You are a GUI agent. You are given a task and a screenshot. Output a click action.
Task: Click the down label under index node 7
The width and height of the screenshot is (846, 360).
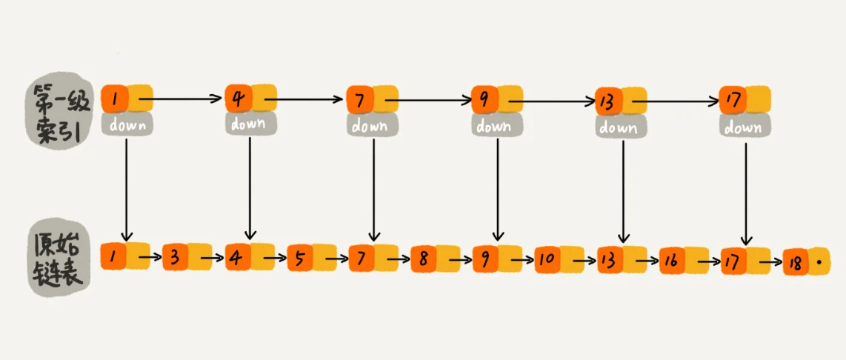pyautogui.click(x=373, y=126)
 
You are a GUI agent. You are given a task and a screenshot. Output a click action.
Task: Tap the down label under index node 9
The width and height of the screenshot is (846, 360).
pyautogui.click(x=494, y=126)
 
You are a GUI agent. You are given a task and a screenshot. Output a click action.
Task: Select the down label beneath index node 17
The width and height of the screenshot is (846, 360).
pyautogui.click(x=743, y=127)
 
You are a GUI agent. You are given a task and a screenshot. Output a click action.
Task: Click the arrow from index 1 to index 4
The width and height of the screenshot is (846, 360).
pyautogui.click(x=181, y=98)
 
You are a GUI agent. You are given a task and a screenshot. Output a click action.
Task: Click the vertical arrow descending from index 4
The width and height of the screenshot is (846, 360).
pyautogui.click(x=250, y=185)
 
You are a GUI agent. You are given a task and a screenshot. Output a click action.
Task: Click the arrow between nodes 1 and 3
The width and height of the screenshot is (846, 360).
pyautogui.click(x=149, y=258)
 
